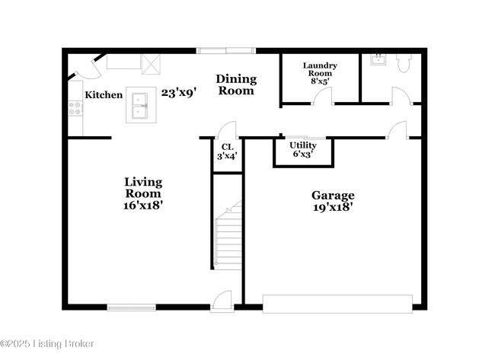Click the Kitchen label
tap(104, 95)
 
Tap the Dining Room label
tap(236, 84)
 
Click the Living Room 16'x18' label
tap(143, 193)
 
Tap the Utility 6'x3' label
tap(302, 149)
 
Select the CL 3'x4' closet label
tap(227, 151)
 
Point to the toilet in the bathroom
tap(404, 62)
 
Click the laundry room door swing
tap(324, 96)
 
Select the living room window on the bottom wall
tap(132, 307)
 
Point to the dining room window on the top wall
tap(225, 51)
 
